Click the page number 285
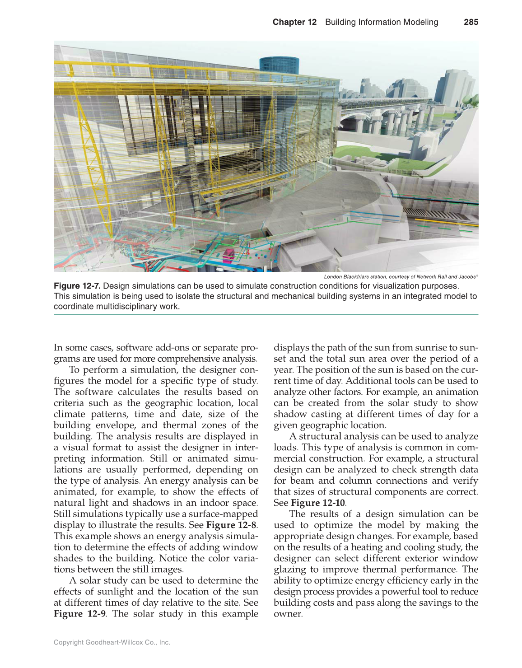click(x=471, y=22)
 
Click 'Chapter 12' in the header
click(x=294, y=22)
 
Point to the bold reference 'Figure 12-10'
click(x=318, y=503)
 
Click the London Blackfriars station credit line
click(x=401, y=277)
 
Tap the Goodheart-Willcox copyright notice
click(x=112, y=642)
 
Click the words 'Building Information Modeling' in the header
click(x=382, y=22)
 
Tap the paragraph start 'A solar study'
click(x=97, y=580)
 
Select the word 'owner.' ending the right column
click(x=288, y=614)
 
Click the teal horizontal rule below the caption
click(x=266, y=314)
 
